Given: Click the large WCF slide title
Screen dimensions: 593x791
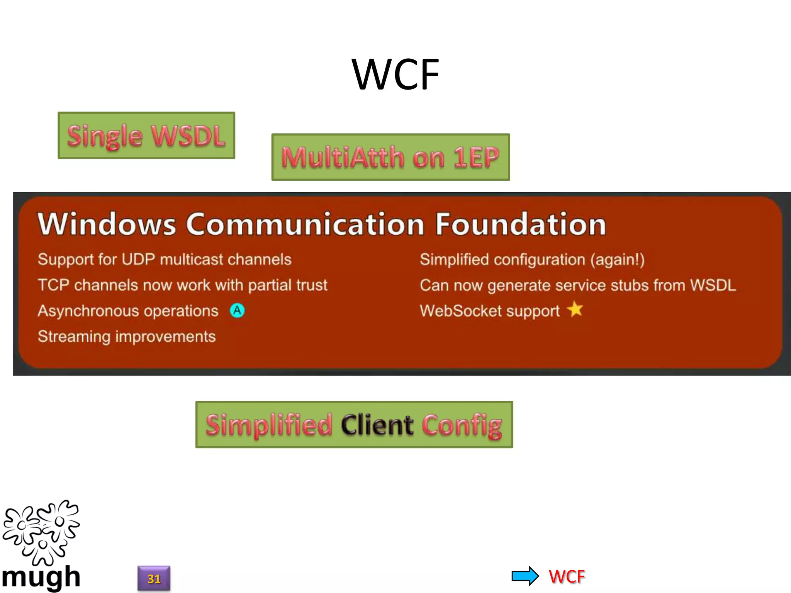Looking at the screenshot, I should point(395,75).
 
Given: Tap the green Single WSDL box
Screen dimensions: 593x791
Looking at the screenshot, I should point(146,136).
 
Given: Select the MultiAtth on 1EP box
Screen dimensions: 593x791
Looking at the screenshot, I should point(390,157).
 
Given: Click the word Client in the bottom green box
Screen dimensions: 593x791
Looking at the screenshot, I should point(377,425).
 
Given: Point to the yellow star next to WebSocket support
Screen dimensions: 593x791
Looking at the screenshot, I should point(575,309).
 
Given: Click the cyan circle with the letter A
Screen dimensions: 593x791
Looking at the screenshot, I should point(237,310).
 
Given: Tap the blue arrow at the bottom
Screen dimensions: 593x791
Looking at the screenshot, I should point(525,576).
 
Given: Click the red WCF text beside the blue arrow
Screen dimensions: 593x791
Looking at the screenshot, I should point(567,576).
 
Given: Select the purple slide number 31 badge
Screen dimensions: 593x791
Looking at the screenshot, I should point(154,578).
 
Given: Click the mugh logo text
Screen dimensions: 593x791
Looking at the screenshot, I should point(41,577).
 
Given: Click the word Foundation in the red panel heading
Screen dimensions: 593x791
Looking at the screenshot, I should point(521,224).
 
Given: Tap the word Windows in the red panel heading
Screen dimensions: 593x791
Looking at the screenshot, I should point(107,224).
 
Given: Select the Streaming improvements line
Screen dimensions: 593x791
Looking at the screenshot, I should point(127,336).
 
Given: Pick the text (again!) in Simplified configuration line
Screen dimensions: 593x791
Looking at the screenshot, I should point(617,259).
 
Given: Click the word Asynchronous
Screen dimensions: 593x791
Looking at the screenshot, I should point(88,311).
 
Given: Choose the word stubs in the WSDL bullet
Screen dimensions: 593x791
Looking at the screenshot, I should point(629,285).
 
